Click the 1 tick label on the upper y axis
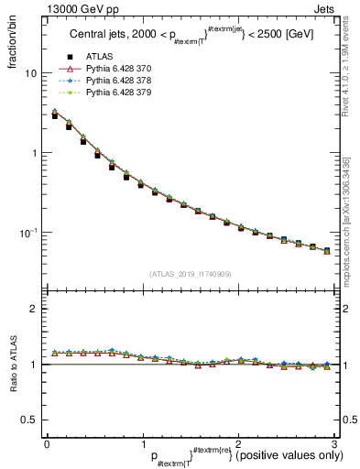coord(35,153)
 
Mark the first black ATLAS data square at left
coord(55,116)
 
